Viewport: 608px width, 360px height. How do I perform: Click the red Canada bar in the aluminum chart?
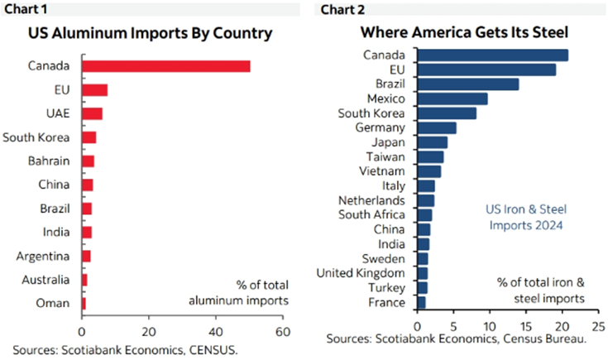point(165,66)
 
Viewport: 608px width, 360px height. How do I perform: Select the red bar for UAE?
point(91,113)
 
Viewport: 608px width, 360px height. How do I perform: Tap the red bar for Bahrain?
point(88,161)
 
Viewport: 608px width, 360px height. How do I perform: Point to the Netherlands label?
point(372,200)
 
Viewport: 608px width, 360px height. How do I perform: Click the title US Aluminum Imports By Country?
point(151,35)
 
